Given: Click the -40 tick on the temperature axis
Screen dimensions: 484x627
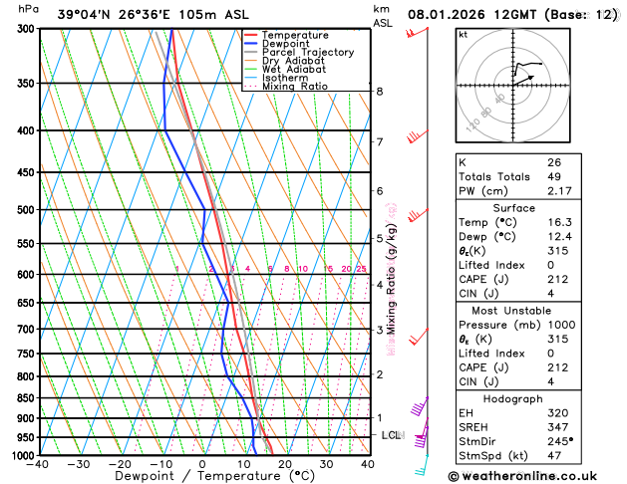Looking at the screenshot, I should click(x=39, y=465).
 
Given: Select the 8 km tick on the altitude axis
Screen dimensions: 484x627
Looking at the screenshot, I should click(x=380, y=92).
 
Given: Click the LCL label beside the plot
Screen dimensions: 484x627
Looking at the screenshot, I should click(x=391, y=436).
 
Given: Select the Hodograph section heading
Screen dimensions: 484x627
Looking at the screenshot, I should click(x=512, y=398).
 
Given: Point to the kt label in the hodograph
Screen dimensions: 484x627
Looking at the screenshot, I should click(x=463, y=35).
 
